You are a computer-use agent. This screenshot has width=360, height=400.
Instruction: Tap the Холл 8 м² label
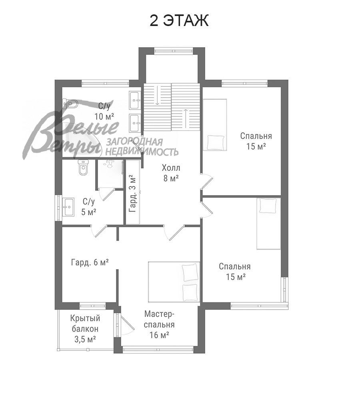[x=171, y=173]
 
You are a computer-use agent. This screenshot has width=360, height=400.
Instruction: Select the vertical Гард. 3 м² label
[x=132, y=193]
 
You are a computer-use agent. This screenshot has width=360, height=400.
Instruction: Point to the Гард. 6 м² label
[x=90, y=262]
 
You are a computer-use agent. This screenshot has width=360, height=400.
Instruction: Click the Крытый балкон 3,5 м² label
[x=85, y=329]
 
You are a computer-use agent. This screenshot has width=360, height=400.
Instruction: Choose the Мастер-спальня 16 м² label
[x=159, y=324]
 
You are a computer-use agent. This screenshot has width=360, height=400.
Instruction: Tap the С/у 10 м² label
[x=104, y=111]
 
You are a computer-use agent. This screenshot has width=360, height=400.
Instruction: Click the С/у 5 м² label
[x=89, y=207]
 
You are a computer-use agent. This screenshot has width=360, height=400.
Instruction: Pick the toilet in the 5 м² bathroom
[x=83, y=168]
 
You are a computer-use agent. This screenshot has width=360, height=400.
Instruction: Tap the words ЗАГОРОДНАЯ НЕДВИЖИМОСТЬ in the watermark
[x=142, y=147]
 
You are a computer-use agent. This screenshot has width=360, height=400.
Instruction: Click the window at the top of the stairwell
[x=172, y=50]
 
